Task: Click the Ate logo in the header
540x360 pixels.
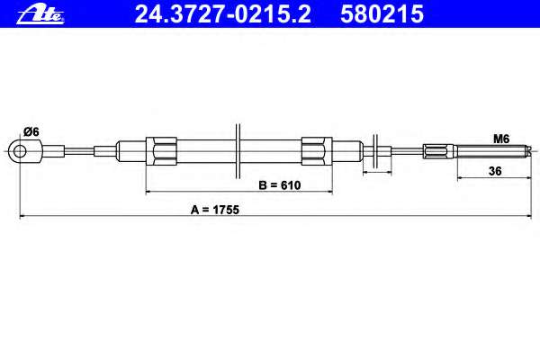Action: click(x=40, y=14)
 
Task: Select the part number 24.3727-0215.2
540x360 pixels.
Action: click(x=222, y=14)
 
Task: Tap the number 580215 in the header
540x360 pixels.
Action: click(x=382, y=14)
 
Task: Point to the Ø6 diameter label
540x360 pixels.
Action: click(x=31, y=131)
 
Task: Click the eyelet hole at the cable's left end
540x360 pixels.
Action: click(x=20, y=151)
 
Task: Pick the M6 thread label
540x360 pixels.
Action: click(x=501, y=139)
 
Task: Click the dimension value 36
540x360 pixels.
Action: click(x=495, y=171)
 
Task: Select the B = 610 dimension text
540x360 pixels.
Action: click(x=280, y=185)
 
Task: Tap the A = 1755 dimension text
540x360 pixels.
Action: click(x=215, y=210)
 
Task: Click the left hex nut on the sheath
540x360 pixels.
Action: click(x=161, y=151)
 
